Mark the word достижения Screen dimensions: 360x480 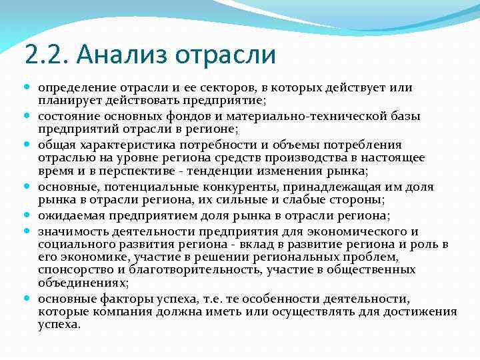(424, 311)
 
